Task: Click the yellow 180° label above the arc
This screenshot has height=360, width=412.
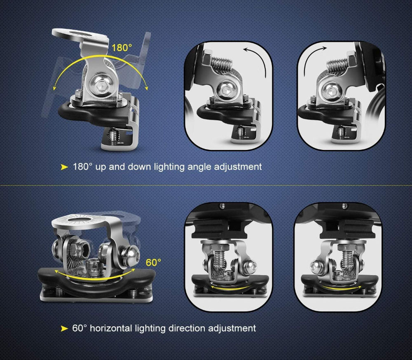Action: [x=122, y=47]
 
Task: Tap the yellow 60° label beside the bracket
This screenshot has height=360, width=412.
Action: [x=153, y=262]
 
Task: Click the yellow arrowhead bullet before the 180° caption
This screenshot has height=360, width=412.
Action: [x=64, y=167]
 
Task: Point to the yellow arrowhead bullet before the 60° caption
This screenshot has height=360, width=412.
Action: [x=64, y=328]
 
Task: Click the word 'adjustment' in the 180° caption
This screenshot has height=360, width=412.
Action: [x=238, y=167]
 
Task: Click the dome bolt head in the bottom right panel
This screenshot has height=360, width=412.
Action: [x=316, y=267]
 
